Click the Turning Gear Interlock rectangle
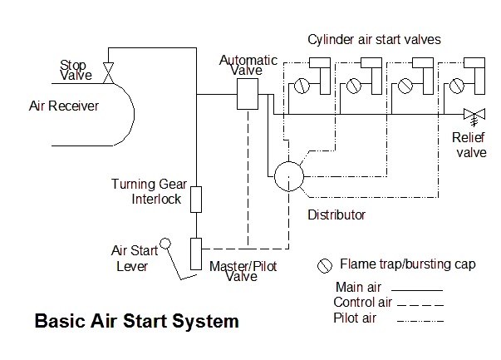tap(196, 200)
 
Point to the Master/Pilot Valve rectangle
tap(196, 253)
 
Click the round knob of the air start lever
tap(165, 244)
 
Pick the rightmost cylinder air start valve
tap(471, 75)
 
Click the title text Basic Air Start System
tap(136, 320)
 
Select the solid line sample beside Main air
tap(419, 288)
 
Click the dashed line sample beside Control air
tap(419, 303)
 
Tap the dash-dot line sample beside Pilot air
tap(419, 319)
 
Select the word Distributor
tap(336, 215)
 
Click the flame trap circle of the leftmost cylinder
tap(304, 85)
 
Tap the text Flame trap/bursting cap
tap(407, 265)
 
